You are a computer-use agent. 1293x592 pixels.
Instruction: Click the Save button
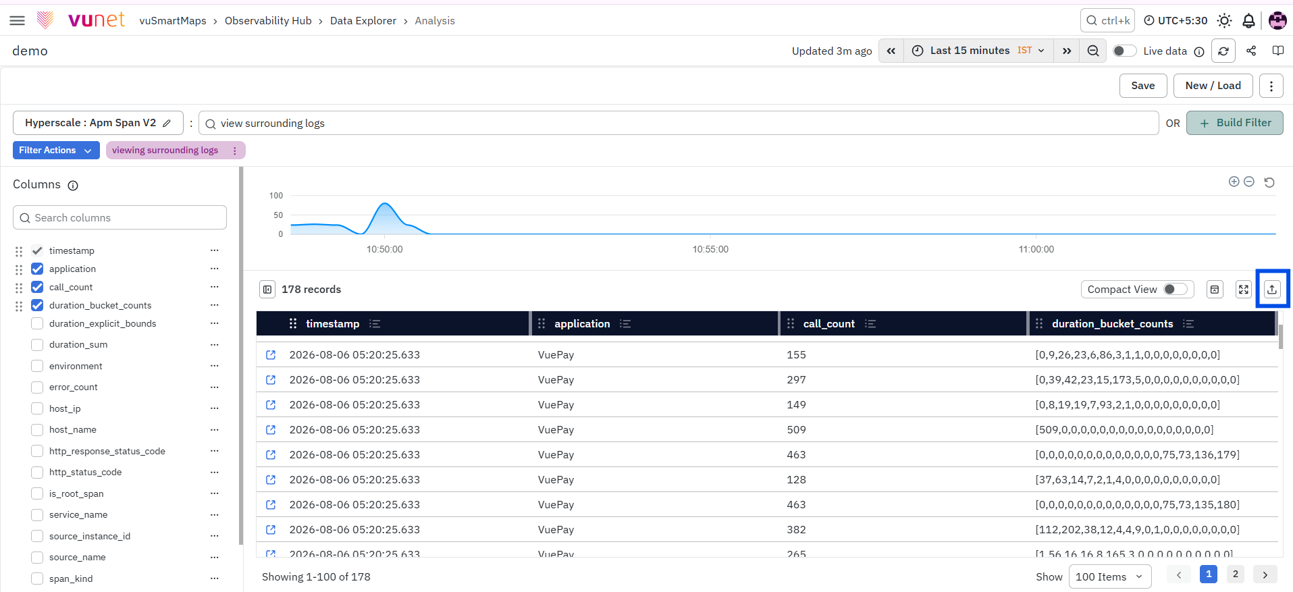click(x=1142, y=86)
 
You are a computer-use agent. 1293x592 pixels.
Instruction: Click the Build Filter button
click(x=1234, y=123)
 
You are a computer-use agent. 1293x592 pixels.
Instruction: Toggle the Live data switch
click(x=1124, y=51)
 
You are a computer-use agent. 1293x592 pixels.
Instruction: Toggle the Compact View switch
click(x=1176, y=289)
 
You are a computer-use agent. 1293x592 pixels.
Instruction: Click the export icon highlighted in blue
click(x=1272, y=290)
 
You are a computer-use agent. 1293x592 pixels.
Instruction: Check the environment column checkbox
click(x=37, y=366)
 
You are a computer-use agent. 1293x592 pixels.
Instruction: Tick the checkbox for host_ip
click(x=37, y=408)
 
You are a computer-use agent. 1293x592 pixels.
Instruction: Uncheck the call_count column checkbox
click(x=37, y=287)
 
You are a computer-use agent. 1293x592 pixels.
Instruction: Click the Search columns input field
click(x=120, y=217)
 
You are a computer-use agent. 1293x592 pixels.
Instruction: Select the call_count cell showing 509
click(x=796, y=429)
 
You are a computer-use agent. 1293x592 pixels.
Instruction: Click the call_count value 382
click(x=796, y=529)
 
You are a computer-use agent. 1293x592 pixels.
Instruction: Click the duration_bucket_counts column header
click(x=1112, y=323)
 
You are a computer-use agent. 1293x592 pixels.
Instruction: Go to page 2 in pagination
click(x=1235, y=574)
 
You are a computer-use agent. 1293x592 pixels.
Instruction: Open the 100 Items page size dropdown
click(x=1109, y=576)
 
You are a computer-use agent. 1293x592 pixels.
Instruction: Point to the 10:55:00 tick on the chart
click(x=710, y=249)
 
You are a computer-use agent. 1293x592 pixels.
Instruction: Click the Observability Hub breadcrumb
click(x=268, y=20)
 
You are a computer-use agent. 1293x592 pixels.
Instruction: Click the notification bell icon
click(x=1248, y=21)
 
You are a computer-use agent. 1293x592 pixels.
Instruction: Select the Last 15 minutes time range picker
click(x=978, y=51)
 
